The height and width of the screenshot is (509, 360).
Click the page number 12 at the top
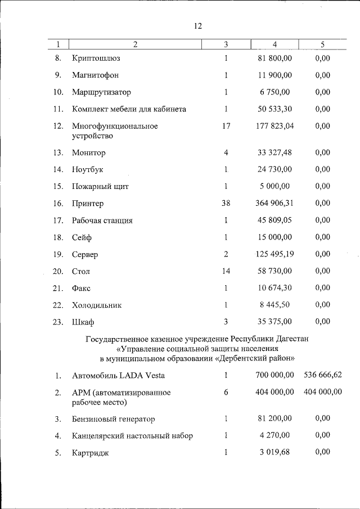(x=197, y=26)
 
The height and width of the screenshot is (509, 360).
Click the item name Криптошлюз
(x=96, y=58)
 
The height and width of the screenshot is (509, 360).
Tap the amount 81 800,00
(x=274, y=58)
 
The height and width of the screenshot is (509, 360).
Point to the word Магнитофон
(x=95, y=75)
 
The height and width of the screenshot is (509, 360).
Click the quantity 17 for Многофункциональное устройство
(x=226, y=126)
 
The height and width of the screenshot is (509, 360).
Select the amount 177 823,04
(x=274, y=126)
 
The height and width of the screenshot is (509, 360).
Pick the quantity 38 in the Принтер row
(x=226, y=203)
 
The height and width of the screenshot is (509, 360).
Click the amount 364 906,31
(x=274, y=203)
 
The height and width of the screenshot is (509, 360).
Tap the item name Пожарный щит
(x=100, y=186)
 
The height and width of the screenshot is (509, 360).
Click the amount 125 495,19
(x=274, y=254)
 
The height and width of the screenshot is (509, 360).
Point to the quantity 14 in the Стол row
(x=226, y=271)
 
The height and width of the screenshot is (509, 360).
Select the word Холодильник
(x=97, y=305)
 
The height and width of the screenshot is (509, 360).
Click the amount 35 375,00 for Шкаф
(x=274, y=322)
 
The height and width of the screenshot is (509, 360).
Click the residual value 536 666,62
(x=323, y=375)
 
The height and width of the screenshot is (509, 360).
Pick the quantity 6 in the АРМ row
(x=226, y=392)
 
